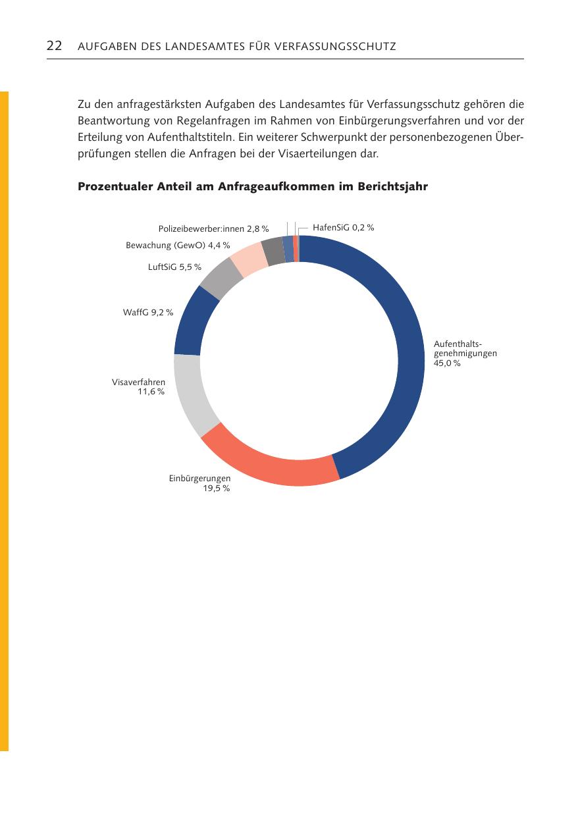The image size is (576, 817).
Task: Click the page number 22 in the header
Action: tap(54, 46)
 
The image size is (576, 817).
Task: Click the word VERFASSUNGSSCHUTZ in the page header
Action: tap(335, 46)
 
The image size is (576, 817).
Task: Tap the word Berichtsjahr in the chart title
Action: tap(392, 186)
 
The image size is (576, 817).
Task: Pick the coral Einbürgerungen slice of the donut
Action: tap(270, 463)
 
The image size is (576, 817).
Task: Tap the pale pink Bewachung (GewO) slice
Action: tap(249, 257)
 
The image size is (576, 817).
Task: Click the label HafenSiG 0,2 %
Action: tap(343, 228)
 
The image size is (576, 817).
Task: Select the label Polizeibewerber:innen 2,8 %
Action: tap(213, 228)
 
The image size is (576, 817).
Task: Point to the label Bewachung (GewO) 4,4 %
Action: tap(178, 246)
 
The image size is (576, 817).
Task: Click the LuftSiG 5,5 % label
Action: tap(174, 267)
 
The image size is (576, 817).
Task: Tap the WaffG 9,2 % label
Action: tap(148, 312)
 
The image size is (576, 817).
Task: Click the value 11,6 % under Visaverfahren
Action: tap(151, 392)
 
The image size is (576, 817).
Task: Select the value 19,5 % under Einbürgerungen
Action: tap(217, 488)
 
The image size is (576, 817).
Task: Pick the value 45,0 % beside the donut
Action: tap(447, 363)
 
